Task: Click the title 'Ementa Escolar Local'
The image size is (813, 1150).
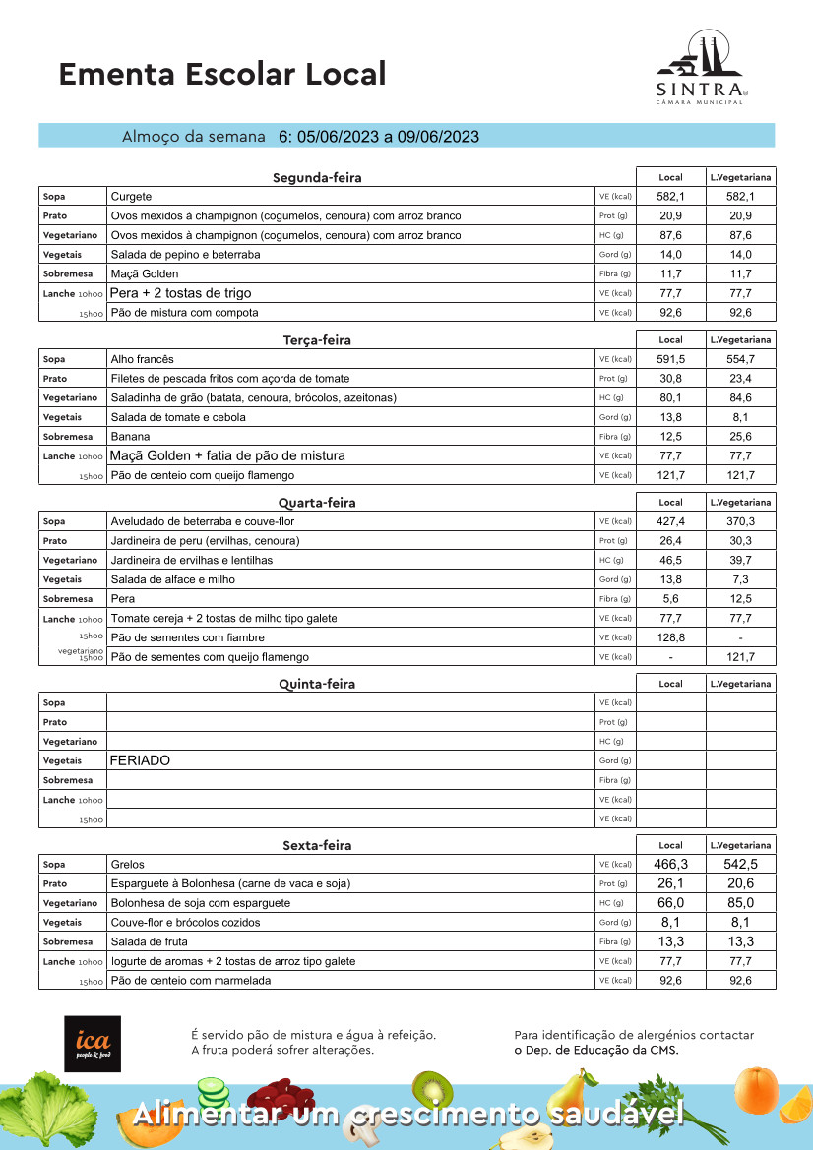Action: [x=222, y=74]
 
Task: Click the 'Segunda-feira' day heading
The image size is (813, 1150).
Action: [x=317, y=178]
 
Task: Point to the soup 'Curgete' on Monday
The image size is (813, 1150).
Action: [x=132, y=197]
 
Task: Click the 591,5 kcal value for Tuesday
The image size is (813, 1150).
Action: [x=670, y=359]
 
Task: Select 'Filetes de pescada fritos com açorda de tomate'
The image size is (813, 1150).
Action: [x=229, y=379]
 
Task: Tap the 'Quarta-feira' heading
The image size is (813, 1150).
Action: [x=317, y=503]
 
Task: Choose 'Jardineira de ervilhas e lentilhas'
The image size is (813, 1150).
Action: [x=192, y=560]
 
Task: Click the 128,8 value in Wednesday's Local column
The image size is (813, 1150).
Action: [x=670, y=637]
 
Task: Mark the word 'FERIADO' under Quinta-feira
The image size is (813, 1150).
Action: [x=140, y=761]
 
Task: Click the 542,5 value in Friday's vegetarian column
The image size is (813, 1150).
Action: [x=740, y=865]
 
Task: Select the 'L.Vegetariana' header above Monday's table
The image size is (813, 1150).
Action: [x=740, y=177]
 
